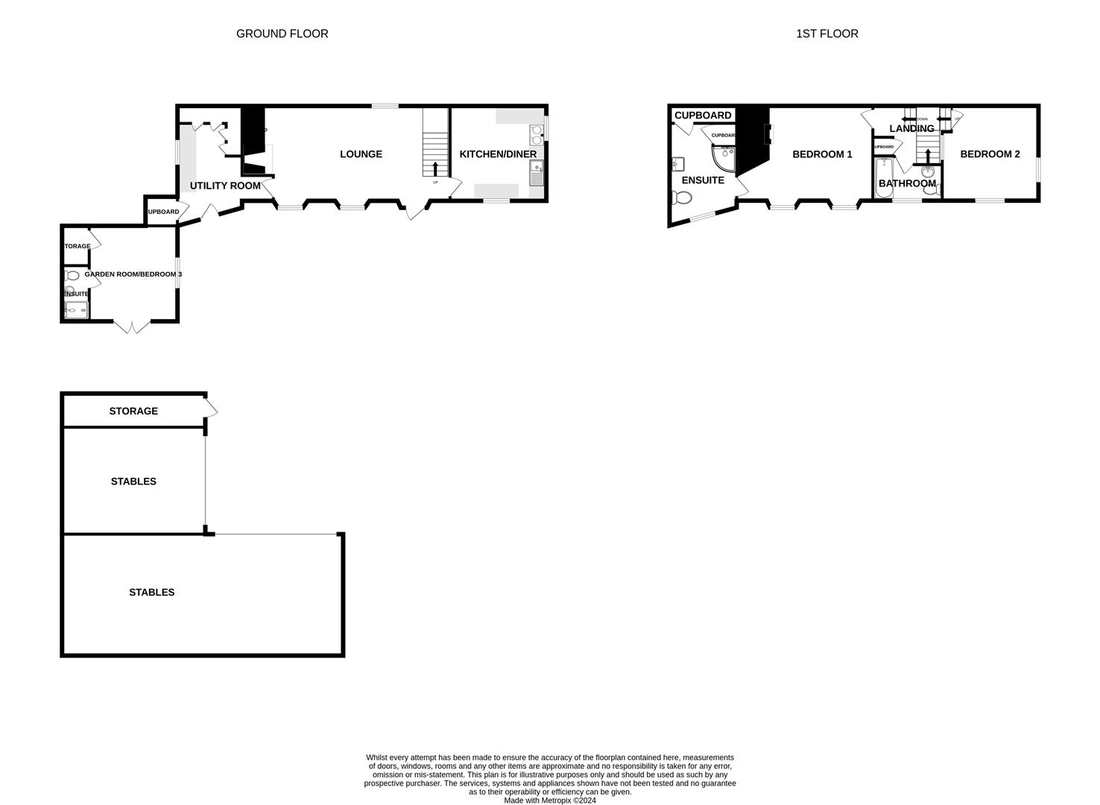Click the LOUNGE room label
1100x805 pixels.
[x=361, y=154]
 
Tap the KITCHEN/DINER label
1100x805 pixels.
[x=498, y=154]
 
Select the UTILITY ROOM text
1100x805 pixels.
[x=225, y=186]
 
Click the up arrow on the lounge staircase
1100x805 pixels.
[x=435, y=168]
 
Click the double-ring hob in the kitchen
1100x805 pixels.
[x=537, y=134]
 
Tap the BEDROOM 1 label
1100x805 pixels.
[x=822, y=154]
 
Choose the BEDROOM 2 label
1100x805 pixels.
[x=990, y=154]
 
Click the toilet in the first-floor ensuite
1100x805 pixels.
[x=680, y=198]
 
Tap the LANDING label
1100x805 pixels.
[x=911, y=128]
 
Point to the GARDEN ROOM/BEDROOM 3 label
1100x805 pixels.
[x=133, y=274]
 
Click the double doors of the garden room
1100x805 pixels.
[x=132, y=326]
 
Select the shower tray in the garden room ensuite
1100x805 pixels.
[x=76, y=309]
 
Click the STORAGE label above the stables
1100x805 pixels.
[x=133, y=411]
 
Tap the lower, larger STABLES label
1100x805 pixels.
[x=152, y=593]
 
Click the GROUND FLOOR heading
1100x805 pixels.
[x=282, y=34]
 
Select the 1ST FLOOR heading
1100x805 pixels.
[x=826, y=34]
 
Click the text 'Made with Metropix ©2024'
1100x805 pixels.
[x=550, y=801]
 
